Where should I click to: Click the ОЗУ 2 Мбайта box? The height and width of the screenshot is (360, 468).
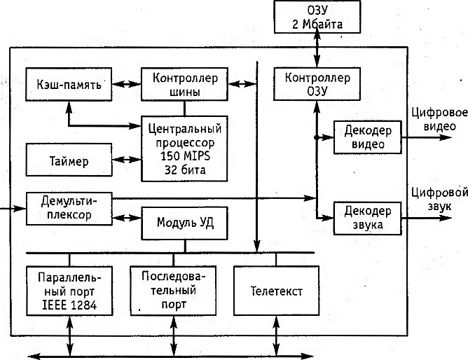tap(319, 17)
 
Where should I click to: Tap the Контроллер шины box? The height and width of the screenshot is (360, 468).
tap(185, 83)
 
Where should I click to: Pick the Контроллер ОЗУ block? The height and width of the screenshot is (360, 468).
tap(318, 83)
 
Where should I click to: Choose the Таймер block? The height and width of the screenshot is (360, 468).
tap(69, 160)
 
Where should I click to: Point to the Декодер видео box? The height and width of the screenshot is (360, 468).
tap(367, 137)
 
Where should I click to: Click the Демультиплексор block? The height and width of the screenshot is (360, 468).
tap(69, 207)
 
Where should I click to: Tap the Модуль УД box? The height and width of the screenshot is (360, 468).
tap(185, 223)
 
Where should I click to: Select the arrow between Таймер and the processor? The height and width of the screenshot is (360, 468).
tap(126, 159)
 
